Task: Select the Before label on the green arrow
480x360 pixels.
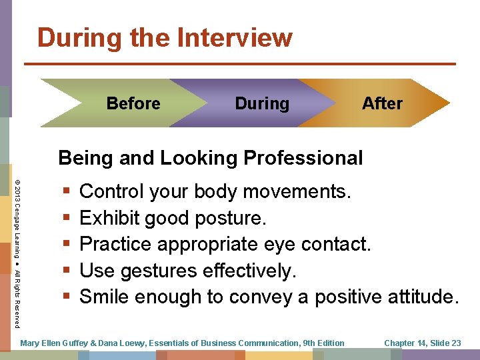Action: [x=133, y=103]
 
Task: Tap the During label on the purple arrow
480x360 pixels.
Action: [x=262, y=103]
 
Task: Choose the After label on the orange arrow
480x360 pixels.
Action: [x=382, y=103]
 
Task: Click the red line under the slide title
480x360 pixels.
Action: [x=239, y=64]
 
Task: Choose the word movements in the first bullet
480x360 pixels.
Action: [x=295, y=192]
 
